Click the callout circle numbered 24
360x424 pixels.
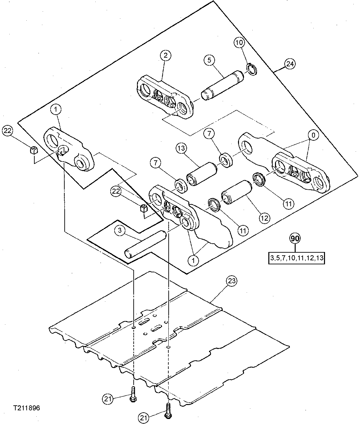click(290, 64)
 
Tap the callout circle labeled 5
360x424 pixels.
click(209, 60)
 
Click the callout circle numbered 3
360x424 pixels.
click(120, 230)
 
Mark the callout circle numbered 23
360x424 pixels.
click(232, 281)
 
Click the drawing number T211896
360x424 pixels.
click(27, 408)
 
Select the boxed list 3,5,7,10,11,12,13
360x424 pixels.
click(296, 258)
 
